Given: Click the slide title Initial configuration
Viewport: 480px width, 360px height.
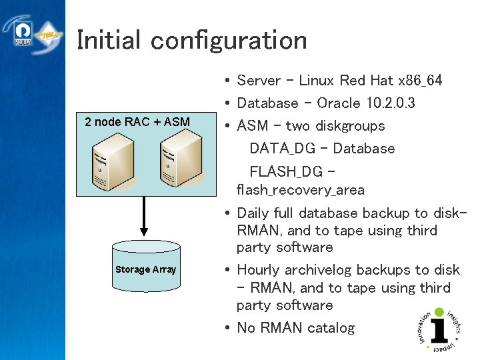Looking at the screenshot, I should [192, 40].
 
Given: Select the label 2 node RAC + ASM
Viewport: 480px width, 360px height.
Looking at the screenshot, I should [137, 122].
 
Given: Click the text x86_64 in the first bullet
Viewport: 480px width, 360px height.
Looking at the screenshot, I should [419, 81].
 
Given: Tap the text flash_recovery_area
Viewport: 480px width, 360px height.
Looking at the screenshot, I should [301, 191].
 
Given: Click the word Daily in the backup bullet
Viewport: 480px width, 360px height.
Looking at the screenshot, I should [253, 213].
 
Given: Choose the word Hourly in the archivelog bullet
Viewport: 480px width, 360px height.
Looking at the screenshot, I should [259, 270].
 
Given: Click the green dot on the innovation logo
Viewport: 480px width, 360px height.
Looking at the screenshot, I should [439, 312].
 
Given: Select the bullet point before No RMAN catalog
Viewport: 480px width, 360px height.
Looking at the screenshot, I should [228, 328].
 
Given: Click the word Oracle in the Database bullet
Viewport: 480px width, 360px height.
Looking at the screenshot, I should [340, 103].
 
